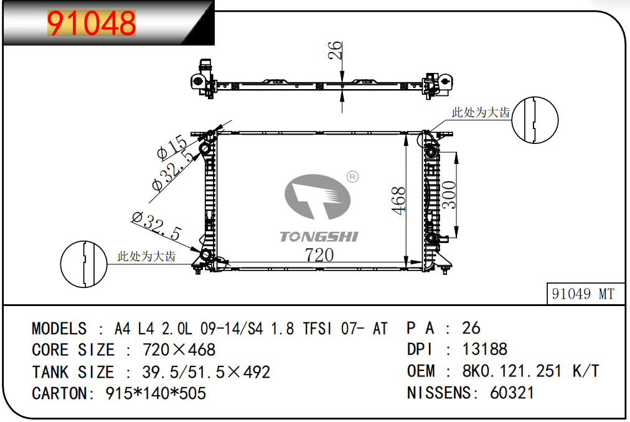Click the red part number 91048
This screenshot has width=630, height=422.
coord(92,23)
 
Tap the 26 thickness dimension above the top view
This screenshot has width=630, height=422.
coord(335,50)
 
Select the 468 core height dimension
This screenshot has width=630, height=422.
coord(398,201)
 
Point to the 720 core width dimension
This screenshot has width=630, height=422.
coord(319,255)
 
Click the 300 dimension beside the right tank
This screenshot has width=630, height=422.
coord(449,194)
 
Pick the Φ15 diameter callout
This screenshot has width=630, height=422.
coord(172,146)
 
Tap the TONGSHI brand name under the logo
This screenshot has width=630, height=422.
coord(319,236)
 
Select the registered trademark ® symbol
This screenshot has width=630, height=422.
coord(352,176)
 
